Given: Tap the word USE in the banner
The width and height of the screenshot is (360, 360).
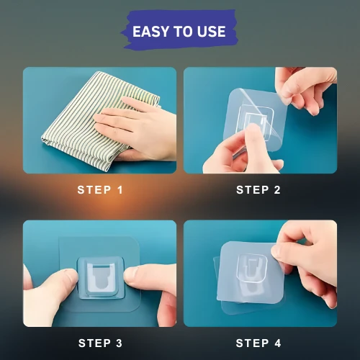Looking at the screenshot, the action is click(211, 32).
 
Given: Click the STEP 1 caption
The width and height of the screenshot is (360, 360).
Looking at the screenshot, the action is click(100, 190).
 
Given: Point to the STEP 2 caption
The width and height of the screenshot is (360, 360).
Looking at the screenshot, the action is click(258, 190).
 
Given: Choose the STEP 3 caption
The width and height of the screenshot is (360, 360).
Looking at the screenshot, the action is click(100, 343).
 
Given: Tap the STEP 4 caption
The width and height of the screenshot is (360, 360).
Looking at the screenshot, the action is click(258, 343).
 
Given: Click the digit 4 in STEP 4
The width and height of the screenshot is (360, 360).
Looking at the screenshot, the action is click(278, 343).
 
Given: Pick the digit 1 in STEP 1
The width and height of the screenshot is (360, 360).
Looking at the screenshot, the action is click(120, 190).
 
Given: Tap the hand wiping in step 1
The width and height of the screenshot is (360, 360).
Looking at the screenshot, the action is click(137, 128).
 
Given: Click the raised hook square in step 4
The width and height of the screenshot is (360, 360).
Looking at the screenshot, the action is click(252, 268).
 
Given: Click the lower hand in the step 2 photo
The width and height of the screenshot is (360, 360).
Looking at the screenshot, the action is click(243, 151).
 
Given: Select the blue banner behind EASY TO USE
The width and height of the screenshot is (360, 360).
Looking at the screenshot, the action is click(179, 30).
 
